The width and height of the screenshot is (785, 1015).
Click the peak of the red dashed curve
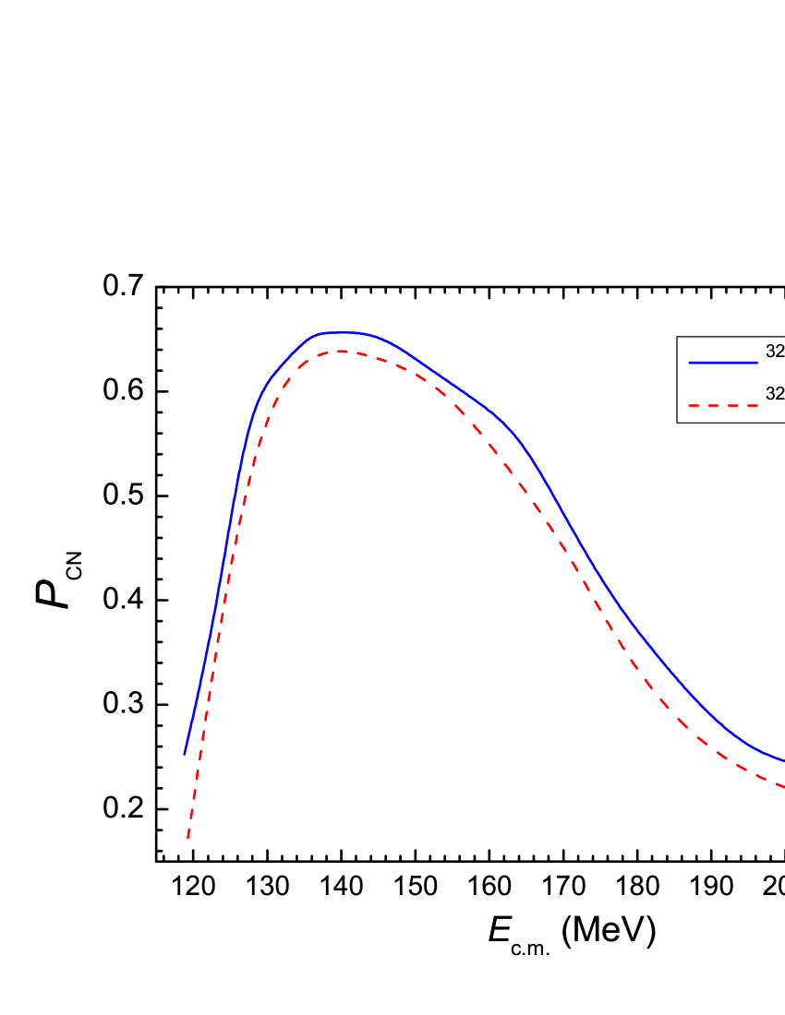[x=343, y=352]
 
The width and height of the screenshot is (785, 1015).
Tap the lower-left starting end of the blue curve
[x=185, y=754]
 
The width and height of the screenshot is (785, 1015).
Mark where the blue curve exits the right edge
[x=782, y=760]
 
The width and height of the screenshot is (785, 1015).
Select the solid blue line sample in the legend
[x=723, y=363]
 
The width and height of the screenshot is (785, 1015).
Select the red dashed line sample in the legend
[x=723, y=405]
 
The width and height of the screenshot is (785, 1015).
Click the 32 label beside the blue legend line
[x=775, y=352]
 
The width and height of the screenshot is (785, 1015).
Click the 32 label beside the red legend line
[x=775, y=394]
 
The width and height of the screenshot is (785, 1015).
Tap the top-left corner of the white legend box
[x=678, y=338]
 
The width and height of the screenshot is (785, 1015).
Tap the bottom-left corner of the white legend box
[x=678, y=422]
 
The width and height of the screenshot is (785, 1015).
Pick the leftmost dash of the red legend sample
[x=694, y=405]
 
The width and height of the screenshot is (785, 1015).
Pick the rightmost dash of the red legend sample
[x=752, y=405]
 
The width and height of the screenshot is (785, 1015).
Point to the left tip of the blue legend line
[x=690, y=363]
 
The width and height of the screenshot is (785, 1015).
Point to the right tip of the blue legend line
[x=757, y=363]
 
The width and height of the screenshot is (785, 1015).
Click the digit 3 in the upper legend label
[x=770, y=352]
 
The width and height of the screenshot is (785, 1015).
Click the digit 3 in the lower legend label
[x=770, y=394]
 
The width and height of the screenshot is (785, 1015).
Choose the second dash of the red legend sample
[x=713, y=405]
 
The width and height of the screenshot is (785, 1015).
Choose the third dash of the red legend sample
[x=732, y=405]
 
